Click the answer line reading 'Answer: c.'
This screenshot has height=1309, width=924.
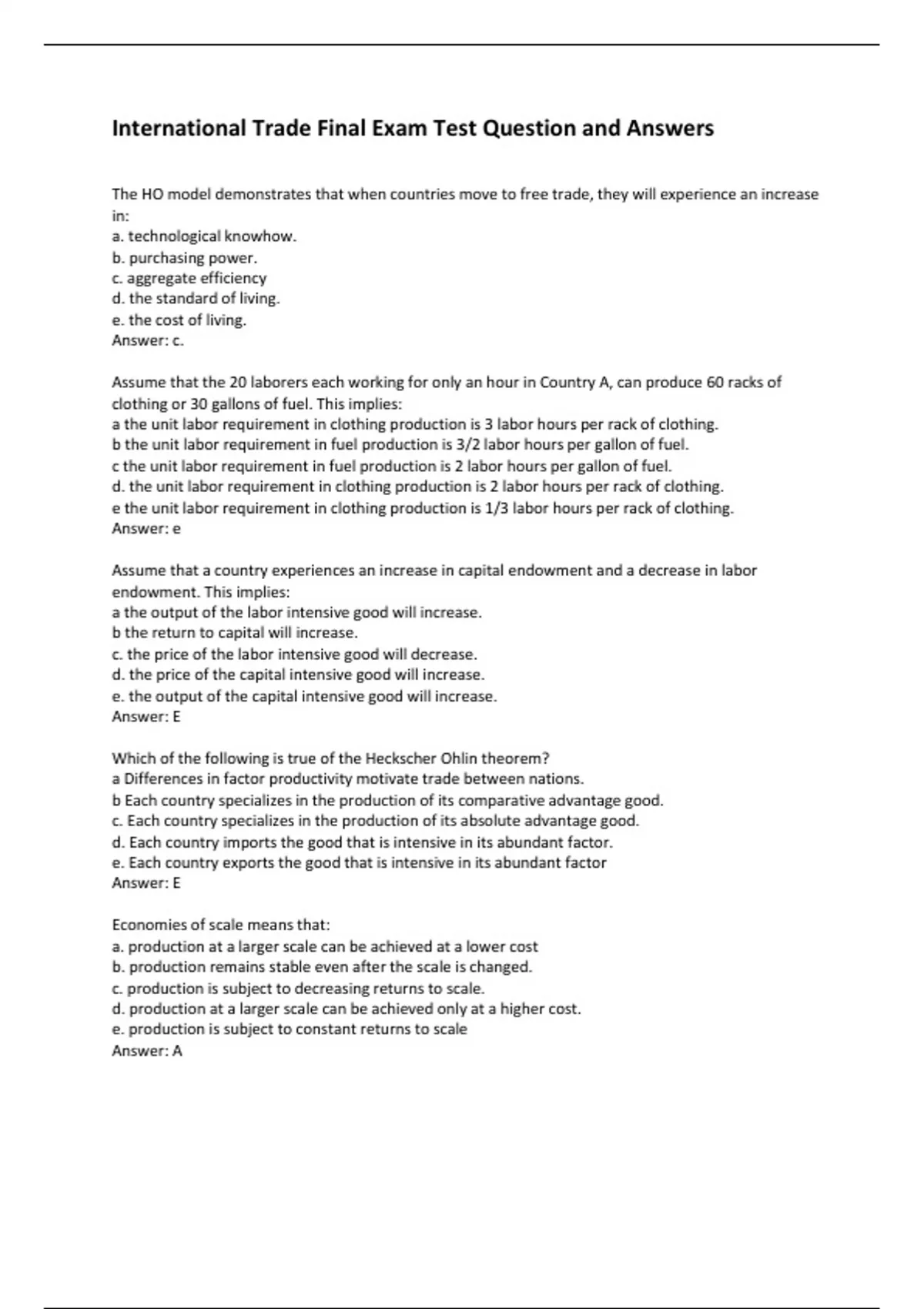point(148,340)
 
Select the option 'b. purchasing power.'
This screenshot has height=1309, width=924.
point(185,257)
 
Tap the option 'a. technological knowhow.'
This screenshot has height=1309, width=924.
point(204,236)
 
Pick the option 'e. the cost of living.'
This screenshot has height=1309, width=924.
point(179,320)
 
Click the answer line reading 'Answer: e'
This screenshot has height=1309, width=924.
point(146,529)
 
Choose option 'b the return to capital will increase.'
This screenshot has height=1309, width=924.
point(235,633)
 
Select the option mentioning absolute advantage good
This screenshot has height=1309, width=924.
point(376,821)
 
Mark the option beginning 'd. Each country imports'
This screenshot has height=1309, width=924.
point(363,842)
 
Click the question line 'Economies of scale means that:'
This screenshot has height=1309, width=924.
point(221,925)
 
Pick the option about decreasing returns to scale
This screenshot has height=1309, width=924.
point(299,988)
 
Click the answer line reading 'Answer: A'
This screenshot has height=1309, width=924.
point(147,1051)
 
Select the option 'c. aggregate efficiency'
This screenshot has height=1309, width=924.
point(189,278)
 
